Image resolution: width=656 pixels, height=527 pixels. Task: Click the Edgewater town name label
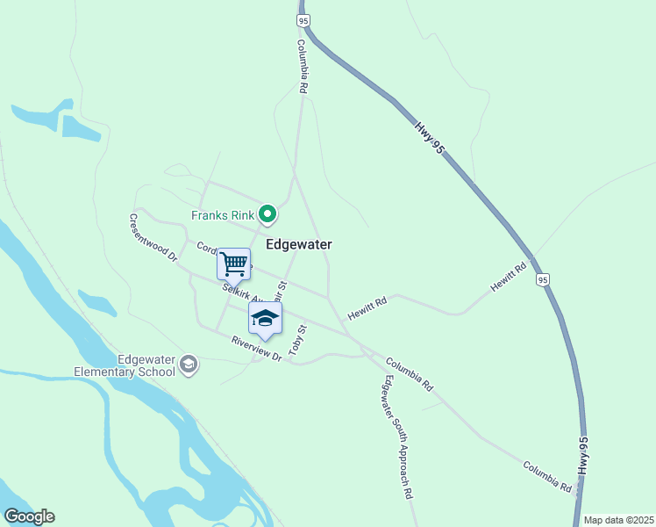pyautogui.click(x=298, y=244)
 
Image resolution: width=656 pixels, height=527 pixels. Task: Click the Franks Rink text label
pyautogui.click(x=223, y=215)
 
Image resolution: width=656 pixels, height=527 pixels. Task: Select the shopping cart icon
pyautogui.click(x=233, y=263)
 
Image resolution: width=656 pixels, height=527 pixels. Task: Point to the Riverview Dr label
pyautogui.click(x=257, y=349)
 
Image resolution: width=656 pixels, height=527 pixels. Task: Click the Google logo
pyautogui.click(x=29, y=516)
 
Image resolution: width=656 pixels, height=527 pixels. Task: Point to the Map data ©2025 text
pyautogui.click(x=617, y=519)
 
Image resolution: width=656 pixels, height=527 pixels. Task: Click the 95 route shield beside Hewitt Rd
pyautogui.click(x=544, y=279)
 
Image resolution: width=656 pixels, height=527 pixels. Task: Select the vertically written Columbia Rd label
pyautogui.click(x=301, y=67)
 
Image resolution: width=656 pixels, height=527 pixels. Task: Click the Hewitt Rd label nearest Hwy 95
pyautogui.click(x=509, y=276)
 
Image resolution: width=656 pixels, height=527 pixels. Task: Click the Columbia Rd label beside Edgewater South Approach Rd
pyautogui.click(x=409, y=373)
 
